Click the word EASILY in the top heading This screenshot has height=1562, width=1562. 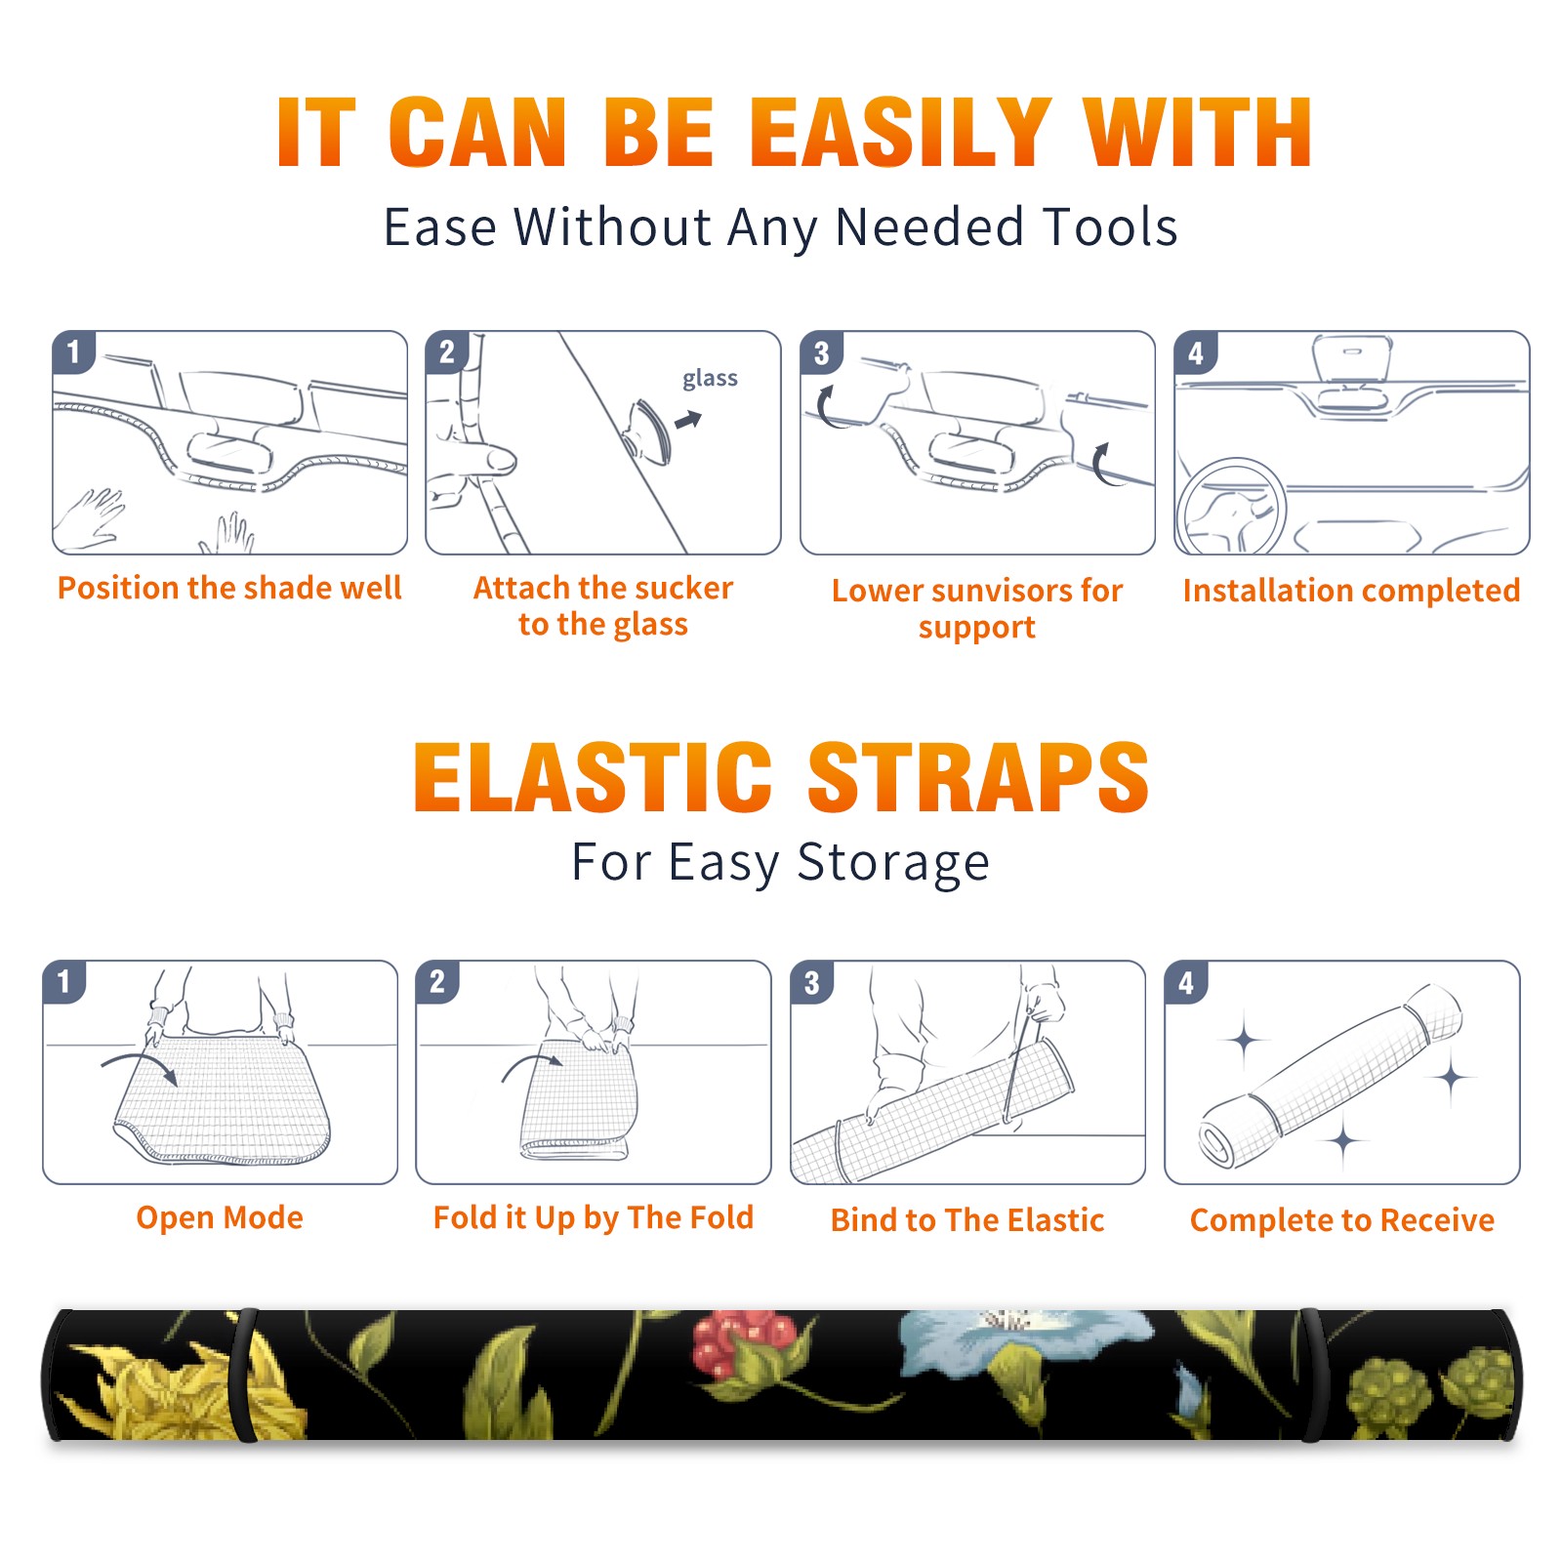[900, 133]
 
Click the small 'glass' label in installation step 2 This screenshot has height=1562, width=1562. [710, 379]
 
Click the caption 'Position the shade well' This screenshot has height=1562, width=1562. [229, 588]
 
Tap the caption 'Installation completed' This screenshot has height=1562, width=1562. [1351, 590]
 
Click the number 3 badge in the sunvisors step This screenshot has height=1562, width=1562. [821, 352]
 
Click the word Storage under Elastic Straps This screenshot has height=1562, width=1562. [893, 863]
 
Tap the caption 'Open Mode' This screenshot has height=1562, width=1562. [220, 1217]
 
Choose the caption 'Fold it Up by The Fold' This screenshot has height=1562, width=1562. [594, 1217]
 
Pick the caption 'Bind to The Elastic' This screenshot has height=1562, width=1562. [967, 1219]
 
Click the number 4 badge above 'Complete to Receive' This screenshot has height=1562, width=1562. [1186, 982]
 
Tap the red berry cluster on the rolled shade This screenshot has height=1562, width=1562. [744, 1339]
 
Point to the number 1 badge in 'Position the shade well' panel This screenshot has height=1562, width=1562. [73, 351]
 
